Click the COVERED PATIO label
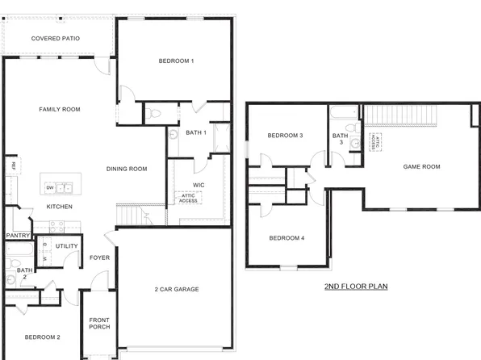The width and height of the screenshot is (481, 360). [55, 38]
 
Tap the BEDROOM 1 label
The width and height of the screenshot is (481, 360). [175, 61]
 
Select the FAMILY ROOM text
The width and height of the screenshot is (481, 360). [60, 109]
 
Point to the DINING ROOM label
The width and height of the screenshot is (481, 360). [127, 169]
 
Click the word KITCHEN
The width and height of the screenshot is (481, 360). [59, 207]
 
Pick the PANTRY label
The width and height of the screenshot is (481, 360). [18, 236]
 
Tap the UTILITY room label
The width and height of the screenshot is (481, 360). [66, 245]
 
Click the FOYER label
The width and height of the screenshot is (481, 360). [99, 258]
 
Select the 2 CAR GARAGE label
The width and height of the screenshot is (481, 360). [177, 289]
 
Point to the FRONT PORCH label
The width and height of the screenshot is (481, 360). [99, 322]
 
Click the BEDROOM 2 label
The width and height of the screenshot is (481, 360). [41, 337]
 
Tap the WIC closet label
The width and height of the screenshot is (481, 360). [198, 185]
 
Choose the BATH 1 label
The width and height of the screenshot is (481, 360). [196, 132]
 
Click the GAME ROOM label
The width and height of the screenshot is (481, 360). [421, 166]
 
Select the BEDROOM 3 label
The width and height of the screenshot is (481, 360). [285, 135]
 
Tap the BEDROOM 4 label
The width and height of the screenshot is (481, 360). [287, 237]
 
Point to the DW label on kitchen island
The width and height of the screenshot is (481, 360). [50, 187]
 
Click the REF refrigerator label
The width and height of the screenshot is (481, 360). [13, 165]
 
